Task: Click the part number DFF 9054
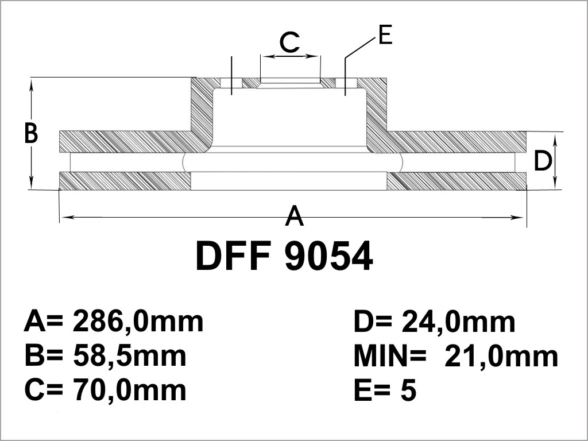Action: point(284,256)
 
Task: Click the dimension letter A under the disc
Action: point(294,215)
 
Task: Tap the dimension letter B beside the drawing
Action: point(31,133)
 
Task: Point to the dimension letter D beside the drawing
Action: point(543,161)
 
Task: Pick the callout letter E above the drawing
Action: point(385,35)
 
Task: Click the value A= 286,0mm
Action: point(114,322)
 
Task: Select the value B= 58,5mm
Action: point(105,356)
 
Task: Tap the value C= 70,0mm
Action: point(106,390)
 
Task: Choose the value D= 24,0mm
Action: point(435,322)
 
